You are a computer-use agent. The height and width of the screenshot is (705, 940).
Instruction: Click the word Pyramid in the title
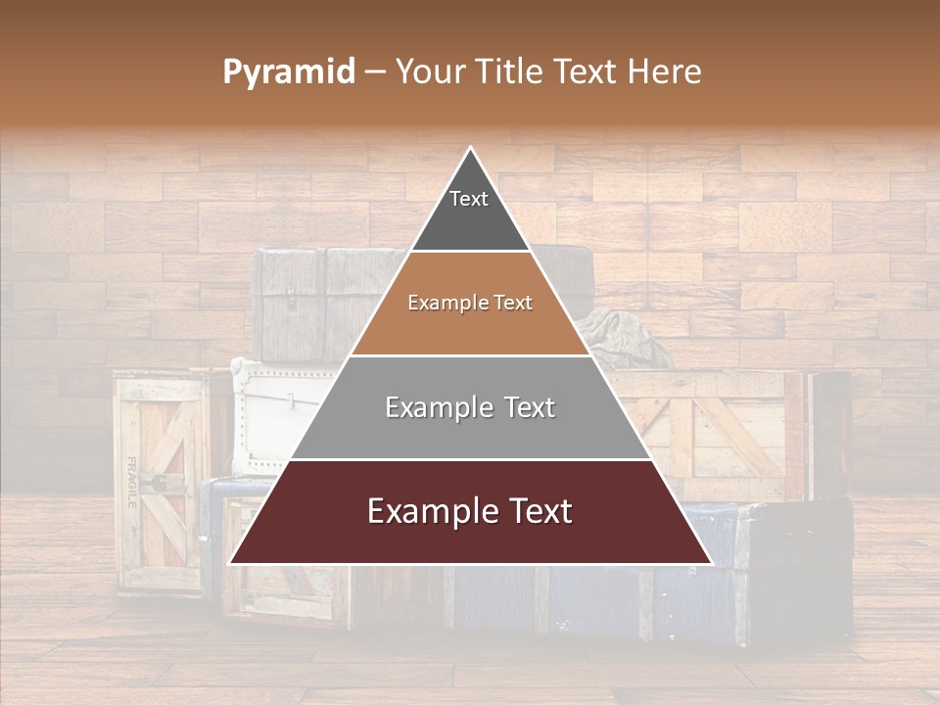point(288,72)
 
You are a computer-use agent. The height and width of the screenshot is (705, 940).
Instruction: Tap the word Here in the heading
point(665,72)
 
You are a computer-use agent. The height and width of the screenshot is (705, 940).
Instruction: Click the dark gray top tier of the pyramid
point(470,220)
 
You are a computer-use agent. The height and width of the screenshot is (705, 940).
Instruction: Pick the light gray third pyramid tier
point(470,431)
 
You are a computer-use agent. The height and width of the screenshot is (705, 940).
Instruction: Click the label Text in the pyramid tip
point(468,199)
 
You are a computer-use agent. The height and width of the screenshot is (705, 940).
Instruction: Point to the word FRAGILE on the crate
point(130,482)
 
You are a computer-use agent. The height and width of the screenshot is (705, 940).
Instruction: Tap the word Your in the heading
point(431,72)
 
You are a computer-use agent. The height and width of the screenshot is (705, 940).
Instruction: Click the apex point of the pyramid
point(470,149)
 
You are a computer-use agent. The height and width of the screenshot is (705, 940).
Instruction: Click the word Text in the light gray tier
point(526,407)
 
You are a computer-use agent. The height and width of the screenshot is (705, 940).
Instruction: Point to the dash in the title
point(375,72)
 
